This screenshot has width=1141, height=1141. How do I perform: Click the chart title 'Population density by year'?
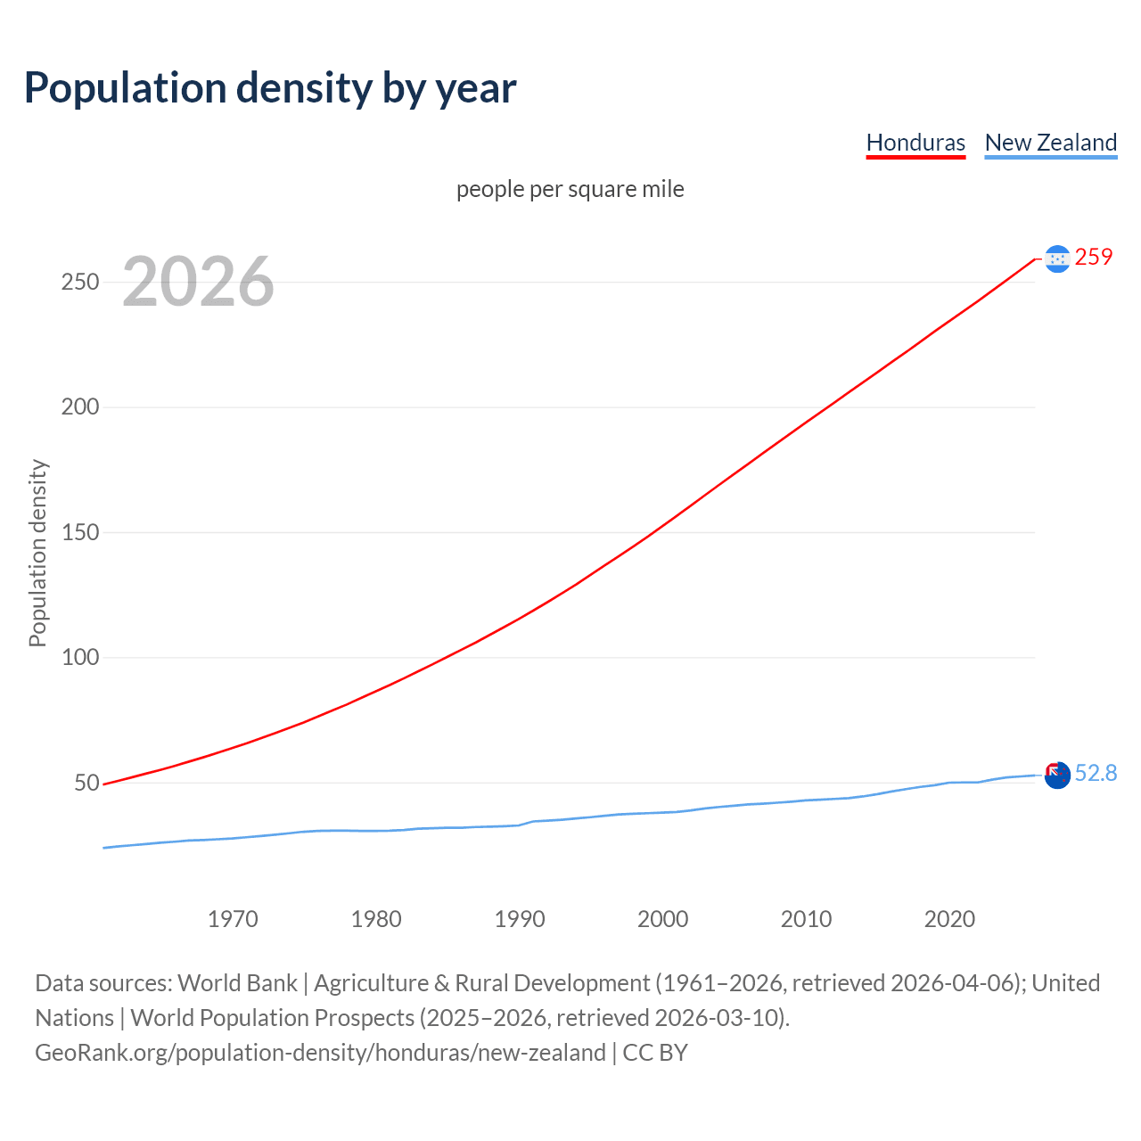point(270,88)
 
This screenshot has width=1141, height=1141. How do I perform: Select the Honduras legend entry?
point(915,143)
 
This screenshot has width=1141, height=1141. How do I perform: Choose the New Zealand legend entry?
point(1050,143)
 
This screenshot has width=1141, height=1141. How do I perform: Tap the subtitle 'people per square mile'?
point(570,190)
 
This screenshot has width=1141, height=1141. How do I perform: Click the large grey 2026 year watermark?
point(198,282)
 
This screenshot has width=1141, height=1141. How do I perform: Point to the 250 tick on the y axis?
point(80,282)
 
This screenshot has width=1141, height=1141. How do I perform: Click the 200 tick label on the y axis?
point(80,407)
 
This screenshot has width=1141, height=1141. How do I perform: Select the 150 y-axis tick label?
point(80,532)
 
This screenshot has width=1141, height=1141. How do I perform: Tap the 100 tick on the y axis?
point(80,658)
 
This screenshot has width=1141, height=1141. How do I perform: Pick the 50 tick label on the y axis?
point(86,783)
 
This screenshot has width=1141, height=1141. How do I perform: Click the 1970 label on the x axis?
point(233,919)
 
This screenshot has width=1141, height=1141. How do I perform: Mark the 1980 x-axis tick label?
point(376,919)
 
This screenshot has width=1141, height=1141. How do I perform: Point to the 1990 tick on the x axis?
point(520,919)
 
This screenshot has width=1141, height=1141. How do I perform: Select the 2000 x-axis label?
point(663,919)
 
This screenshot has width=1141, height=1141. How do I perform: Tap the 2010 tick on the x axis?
point(806,919)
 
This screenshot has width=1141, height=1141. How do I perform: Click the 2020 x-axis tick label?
point(949,919)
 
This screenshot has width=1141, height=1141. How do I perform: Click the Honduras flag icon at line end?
point(1057,259)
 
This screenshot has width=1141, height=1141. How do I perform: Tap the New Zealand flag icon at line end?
point(1057,776)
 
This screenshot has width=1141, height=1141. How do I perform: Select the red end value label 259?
point(1094,258)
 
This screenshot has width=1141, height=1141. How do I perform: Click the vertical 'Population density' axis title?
point(37,553)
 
